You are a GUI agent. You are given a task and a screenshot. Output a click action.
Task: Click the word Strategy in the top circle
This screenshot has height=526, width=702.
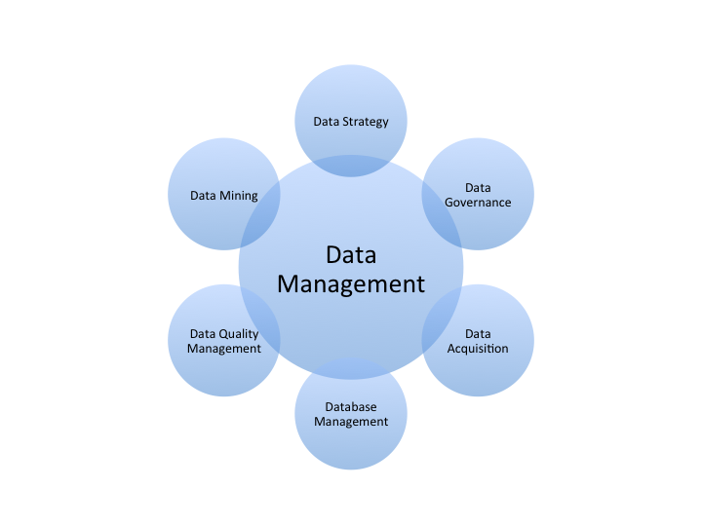tap(365, 122)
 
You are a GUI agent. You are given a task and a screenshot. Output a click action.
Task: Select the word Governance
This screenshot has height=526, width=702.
tap(478, 203)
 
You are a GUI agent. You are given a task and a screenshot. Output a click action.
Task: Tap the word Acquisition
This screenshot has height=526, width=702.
tap(478, 349)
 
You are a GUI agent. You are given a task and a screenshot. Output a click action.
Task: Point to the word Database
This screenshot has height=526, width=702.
tap(351, 406)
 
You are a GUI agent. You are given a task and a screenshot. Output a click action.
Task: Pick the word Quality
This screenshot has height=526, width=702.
tap(239, 334)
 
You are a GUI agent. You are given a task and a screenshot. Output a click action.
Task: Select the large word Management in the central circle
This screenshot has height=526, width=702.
tap(351, 283)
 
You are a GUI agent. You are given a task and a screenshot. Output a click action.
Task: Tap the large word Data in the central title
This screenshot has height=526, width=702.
tap(351, 255)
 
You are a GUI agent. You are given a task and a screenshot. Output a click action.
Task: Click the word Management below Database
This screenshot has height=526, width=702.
tap(351, 422)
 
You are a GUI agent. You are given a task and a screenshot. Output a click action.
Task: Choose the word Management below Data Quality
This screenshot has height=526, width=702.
tap(224, 349)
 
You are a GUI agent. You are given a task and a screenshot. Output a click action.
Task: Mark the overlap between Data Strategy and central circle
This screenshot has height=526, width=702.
tap(351, 166)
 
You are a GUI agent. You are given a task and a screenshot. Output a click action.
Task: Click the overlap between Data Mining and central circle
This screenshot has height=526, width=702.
tap(261, 209)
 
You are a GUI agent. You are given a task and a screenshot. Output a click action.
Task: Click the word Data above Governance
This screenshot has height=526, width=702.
tap(478, 188)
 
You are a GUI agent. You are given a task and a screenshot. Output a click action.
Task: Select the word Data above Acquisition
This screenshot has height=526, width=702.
tap(478, 334)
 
